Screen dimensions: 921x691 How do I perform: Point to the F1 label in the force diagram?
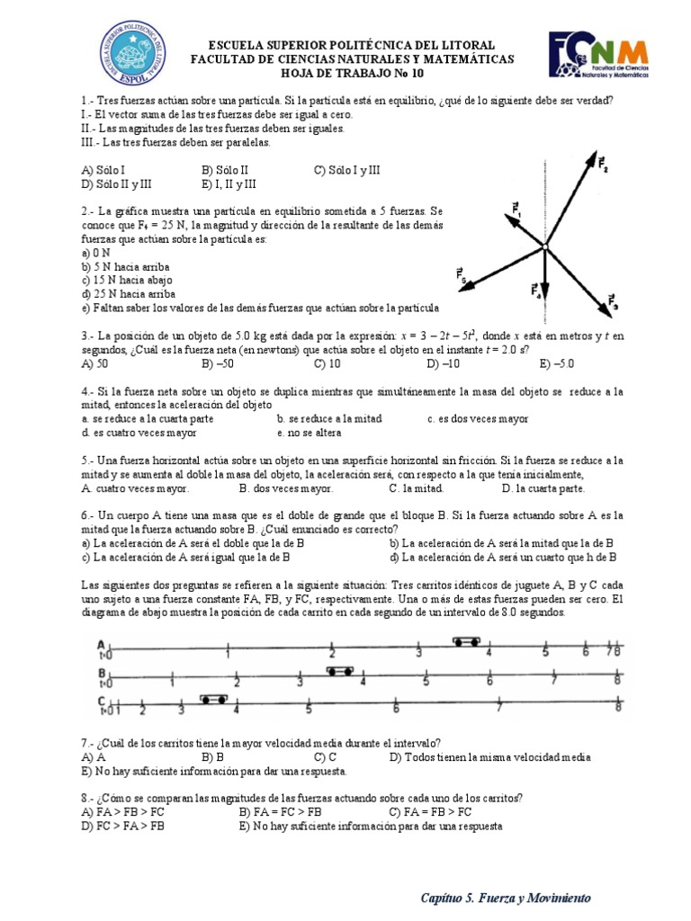516,210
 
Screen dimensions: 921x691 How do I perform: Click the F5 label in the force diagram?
462,273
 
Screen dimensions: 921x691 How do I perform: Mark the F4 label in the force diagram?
534,291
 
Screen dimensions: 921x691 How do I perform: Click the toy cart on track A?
465,642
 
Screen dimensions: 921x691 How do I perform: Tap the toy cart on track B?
339,671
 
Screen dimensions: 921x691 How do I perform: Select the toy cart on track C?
213,699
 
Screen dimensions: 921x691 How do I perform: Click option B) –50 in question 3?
218,364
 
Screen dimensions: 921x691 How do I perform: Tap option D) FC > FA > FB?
122,826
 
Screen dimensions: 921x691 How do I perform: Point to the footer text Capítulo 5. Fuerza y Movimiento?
506,898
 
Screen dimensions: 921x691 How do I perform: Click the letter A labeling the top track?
102,644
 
